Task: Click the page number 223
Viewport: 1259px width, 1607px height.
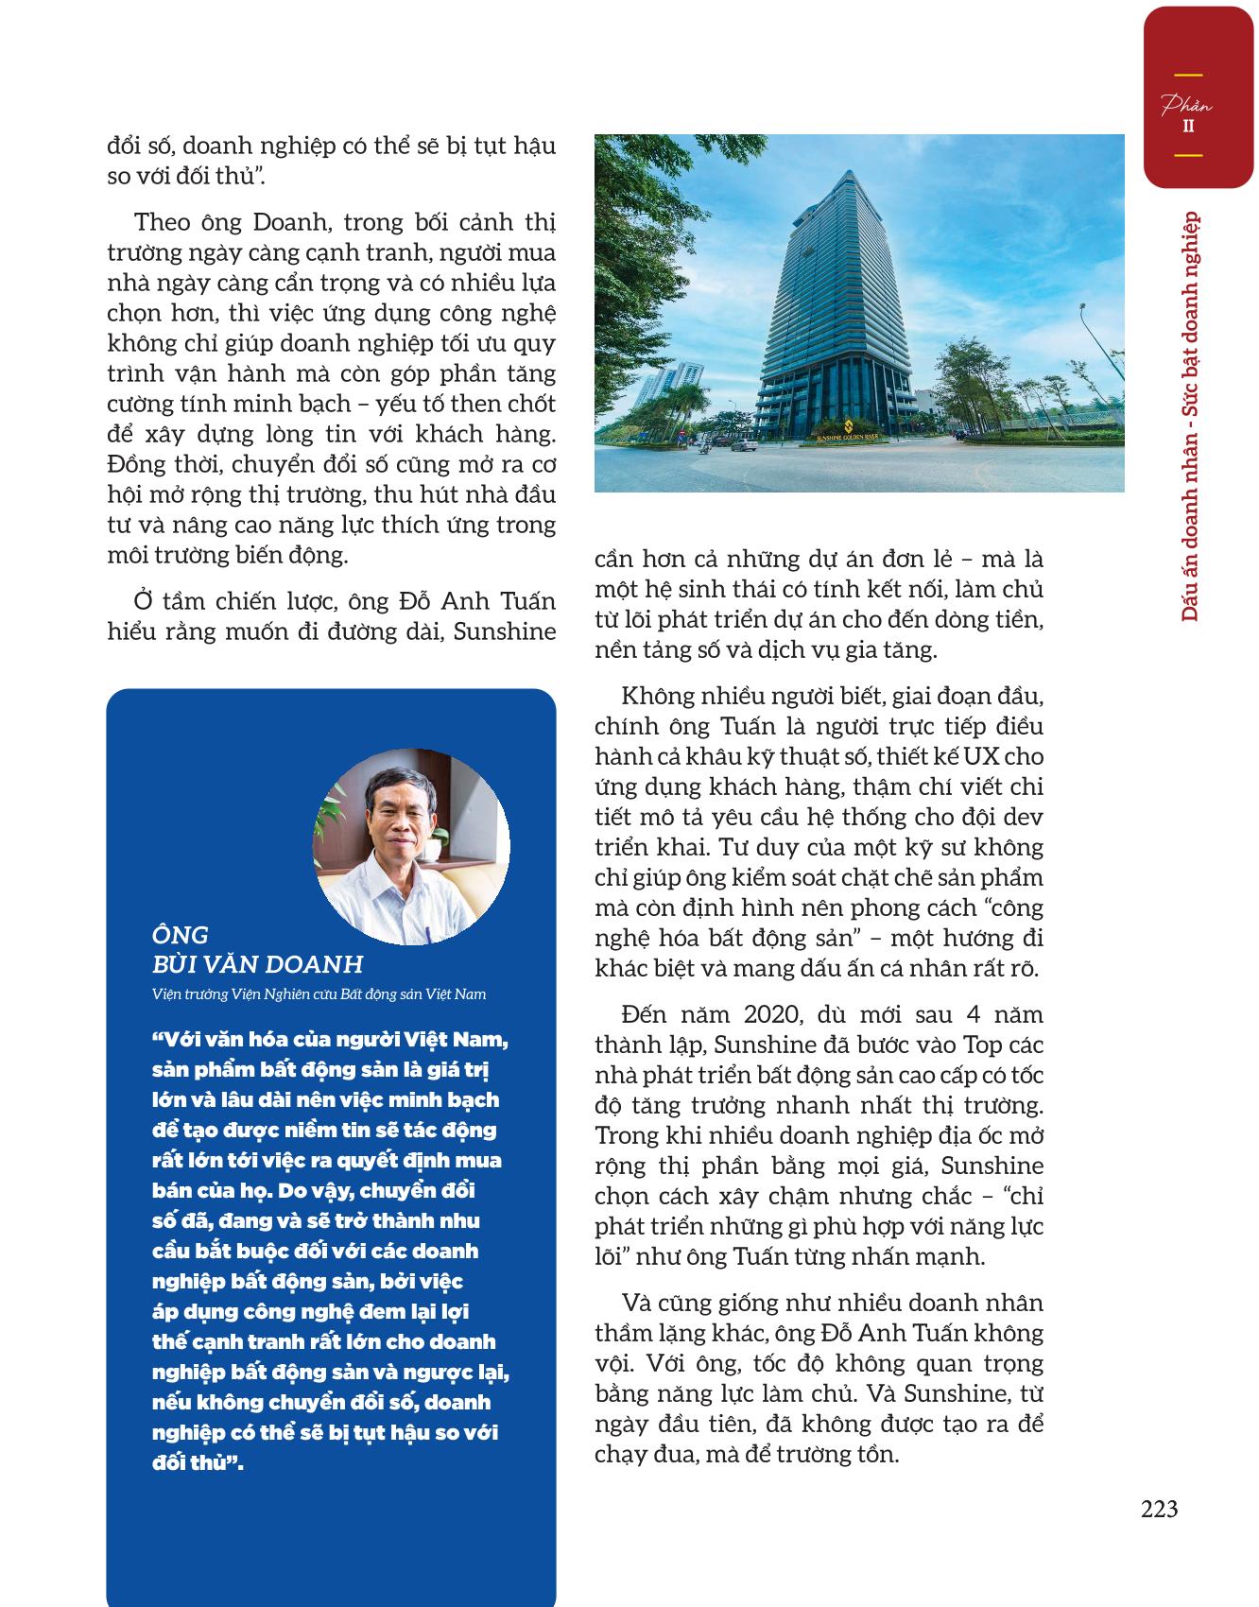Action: tap(1159, 1510)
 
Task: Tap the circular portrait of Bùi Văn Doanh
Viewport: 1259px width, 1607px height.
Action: tap(411, 846)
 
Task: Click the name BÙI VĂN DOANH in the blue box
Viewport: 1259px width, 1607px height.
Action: tap(257, 964)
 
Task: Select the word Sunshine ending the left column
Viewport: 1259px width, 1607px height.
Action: tap(505, 631)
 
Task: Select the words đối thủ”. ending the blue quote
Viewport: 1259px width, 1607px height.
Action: tap(198, 1463)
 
